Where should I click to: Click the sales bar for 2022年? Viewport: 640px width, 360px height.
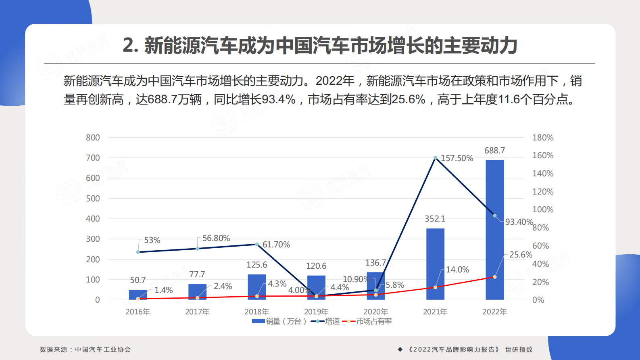pos(494,230)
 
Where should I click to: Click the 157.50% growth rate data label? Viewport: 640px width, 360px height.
pos(457,158)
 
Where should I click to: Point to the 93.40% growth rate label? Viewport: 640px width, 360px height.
pos(519,222)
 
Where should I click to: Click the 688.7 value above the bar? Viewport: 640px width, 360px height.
pos(494,151)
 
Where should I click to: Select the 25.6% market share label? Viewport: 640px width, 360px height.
pos(521,255)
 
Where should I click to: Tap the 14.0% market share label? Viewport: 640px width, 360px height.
pos(457,270)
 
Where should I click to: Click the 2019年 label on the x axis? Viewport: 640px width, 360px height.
pos(316,312)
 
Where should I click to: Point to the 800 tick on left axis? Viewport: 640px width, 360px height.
pos(93,138)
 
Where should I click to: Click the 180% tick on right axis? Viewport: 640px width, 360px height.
pos(542,138)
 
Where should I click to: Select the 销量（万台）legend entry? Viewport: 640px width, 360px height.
pos(279,321)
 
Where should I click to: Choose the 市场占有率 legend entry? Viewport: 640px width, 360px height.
pos(367,321)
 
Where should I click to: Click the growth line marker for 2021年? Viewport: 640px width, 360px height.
pos(435,158)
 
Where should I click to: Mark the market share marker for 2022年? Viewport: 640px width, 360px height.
pos(495,277)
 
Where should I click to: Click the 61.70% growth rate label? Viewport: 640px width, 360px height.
pos(276,245)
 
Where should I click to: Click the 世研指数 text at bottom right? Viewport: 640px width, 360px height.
pos(519,350)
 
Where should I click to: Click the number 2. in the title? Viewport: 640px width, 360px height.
pos(130,45)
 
